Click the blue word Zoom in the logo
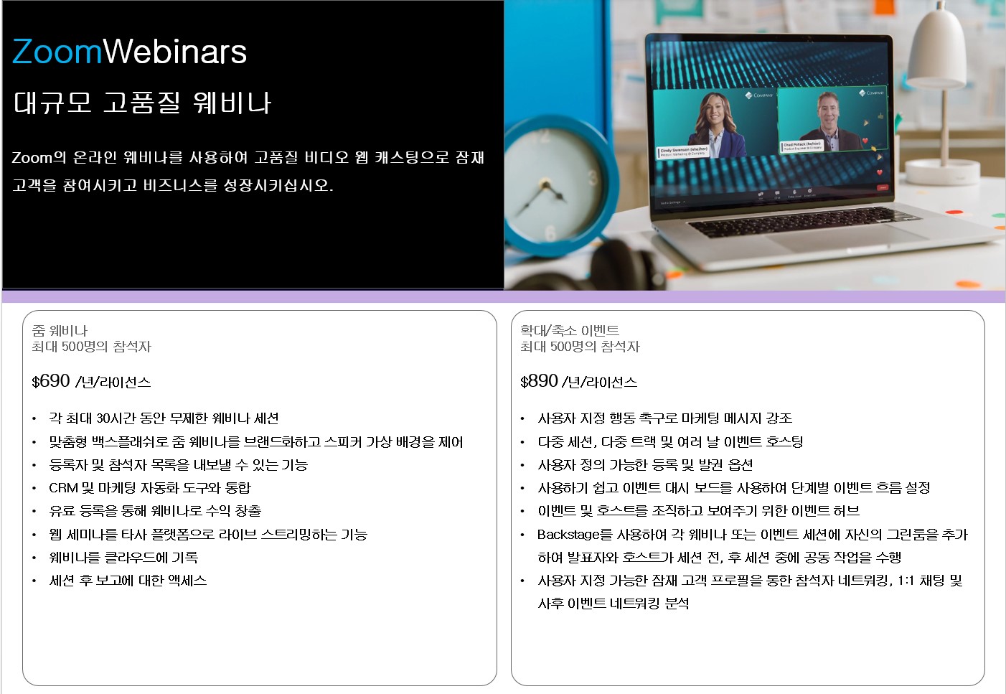click(x=57, y=52)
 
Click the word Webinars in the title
click(x=175, y=51)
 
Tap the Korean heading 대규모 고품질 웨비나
click(x=142, y=103)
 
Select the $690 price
click(x=51, y=381)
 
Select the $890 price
click(x=539, y=381)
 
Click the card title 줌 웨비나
click(x=60, y=331)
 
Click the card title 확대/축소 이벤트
click(x=570, y=331)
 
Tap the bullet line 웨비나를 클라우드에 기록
click(x=123, y=558)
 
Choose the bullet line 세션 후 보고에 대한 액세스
click(x=128, y=581)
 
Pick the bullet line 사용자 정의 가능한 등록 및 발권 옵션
click(x=645, y=465)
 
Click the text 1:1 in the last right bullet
click(x=906, y=581)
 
